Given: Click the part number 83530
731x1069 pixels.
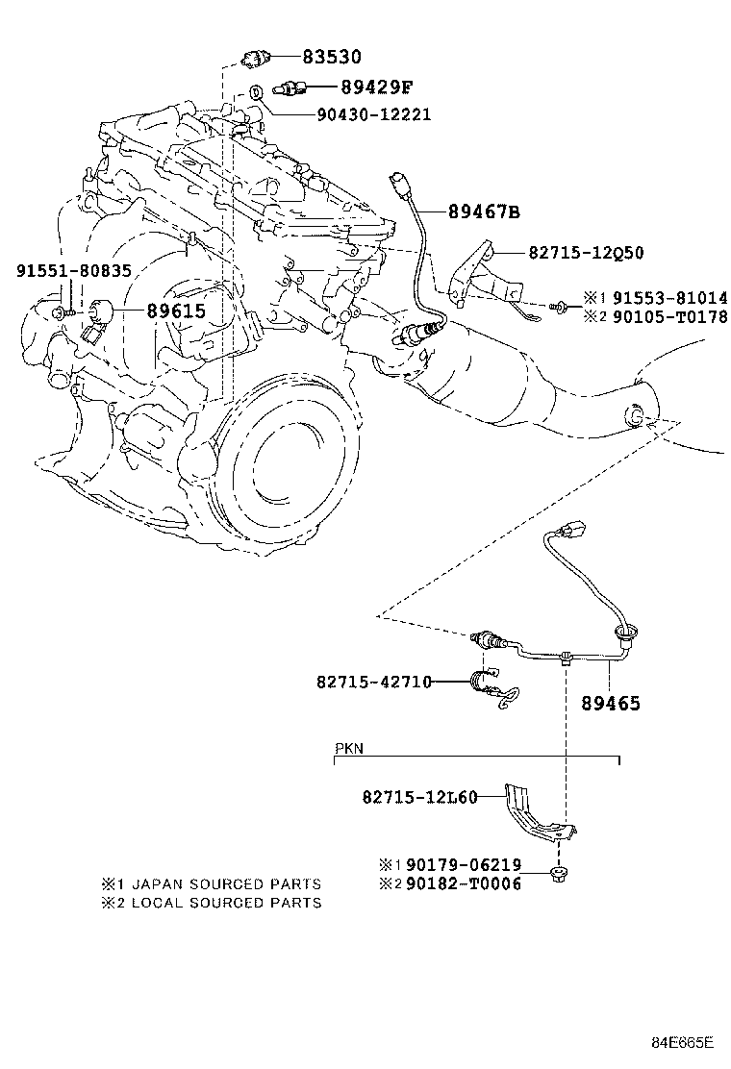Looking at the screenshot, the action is point(332,57).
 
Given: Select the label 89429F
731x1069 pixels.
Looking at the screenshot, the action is point(376,87).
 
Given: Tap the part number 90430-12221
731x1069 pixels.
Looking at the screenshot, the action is point(374,113).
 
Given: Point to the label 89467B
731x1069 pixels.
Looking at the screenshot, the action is point(484,212).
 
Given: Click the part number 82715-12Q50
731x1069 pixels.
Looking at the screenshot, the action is point(586,253).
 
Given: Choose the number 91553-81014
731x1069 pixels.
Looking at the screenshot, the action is point(669,298).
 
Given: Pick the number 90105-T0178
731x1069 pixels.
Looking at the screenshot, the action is point(669,316).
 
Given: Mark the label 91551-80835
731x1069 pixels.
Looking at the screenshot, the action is point(74,271).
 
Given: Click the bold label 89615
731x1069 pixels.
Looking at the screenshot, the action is point(177,311).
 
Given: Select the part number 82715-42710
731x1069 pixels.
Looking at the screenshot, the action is point(374,681).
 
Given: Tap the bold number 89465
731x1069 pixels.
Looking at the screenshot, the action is point(611,703).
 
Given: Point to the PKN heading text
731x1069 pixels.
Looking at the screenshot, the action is point(349,749).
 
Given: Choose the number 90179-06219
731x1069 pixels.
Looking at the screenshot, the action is point(464,865).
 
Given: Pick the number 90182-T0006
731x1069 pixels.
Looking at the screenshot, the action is point(464,883).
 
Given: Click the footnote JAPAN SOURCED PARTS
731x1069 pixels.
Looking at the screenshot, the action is point(226,884).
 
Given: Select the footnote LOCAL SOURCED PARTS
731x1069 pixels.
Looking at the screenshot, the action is point(226,903).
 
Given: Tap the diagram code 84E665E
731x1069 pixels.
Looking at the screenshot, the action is point(681,1042).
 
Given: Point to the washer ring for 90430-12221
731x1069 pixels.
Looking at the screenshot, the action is point(256,90).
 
